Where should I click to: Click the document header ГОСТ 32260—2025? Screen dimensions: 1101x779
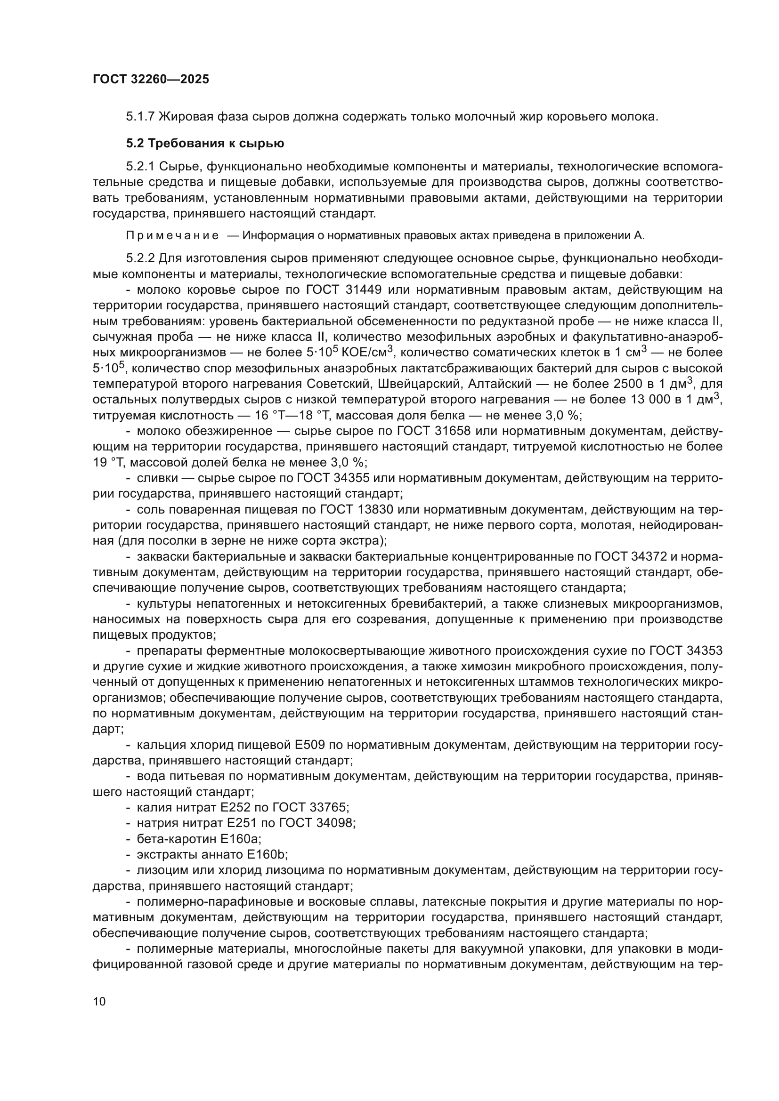(151, 79)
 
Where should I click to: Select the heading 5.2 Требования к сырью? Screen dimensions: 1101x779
(205, 144)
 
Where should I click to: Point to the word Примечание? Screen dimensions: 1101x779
(172, 235)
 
